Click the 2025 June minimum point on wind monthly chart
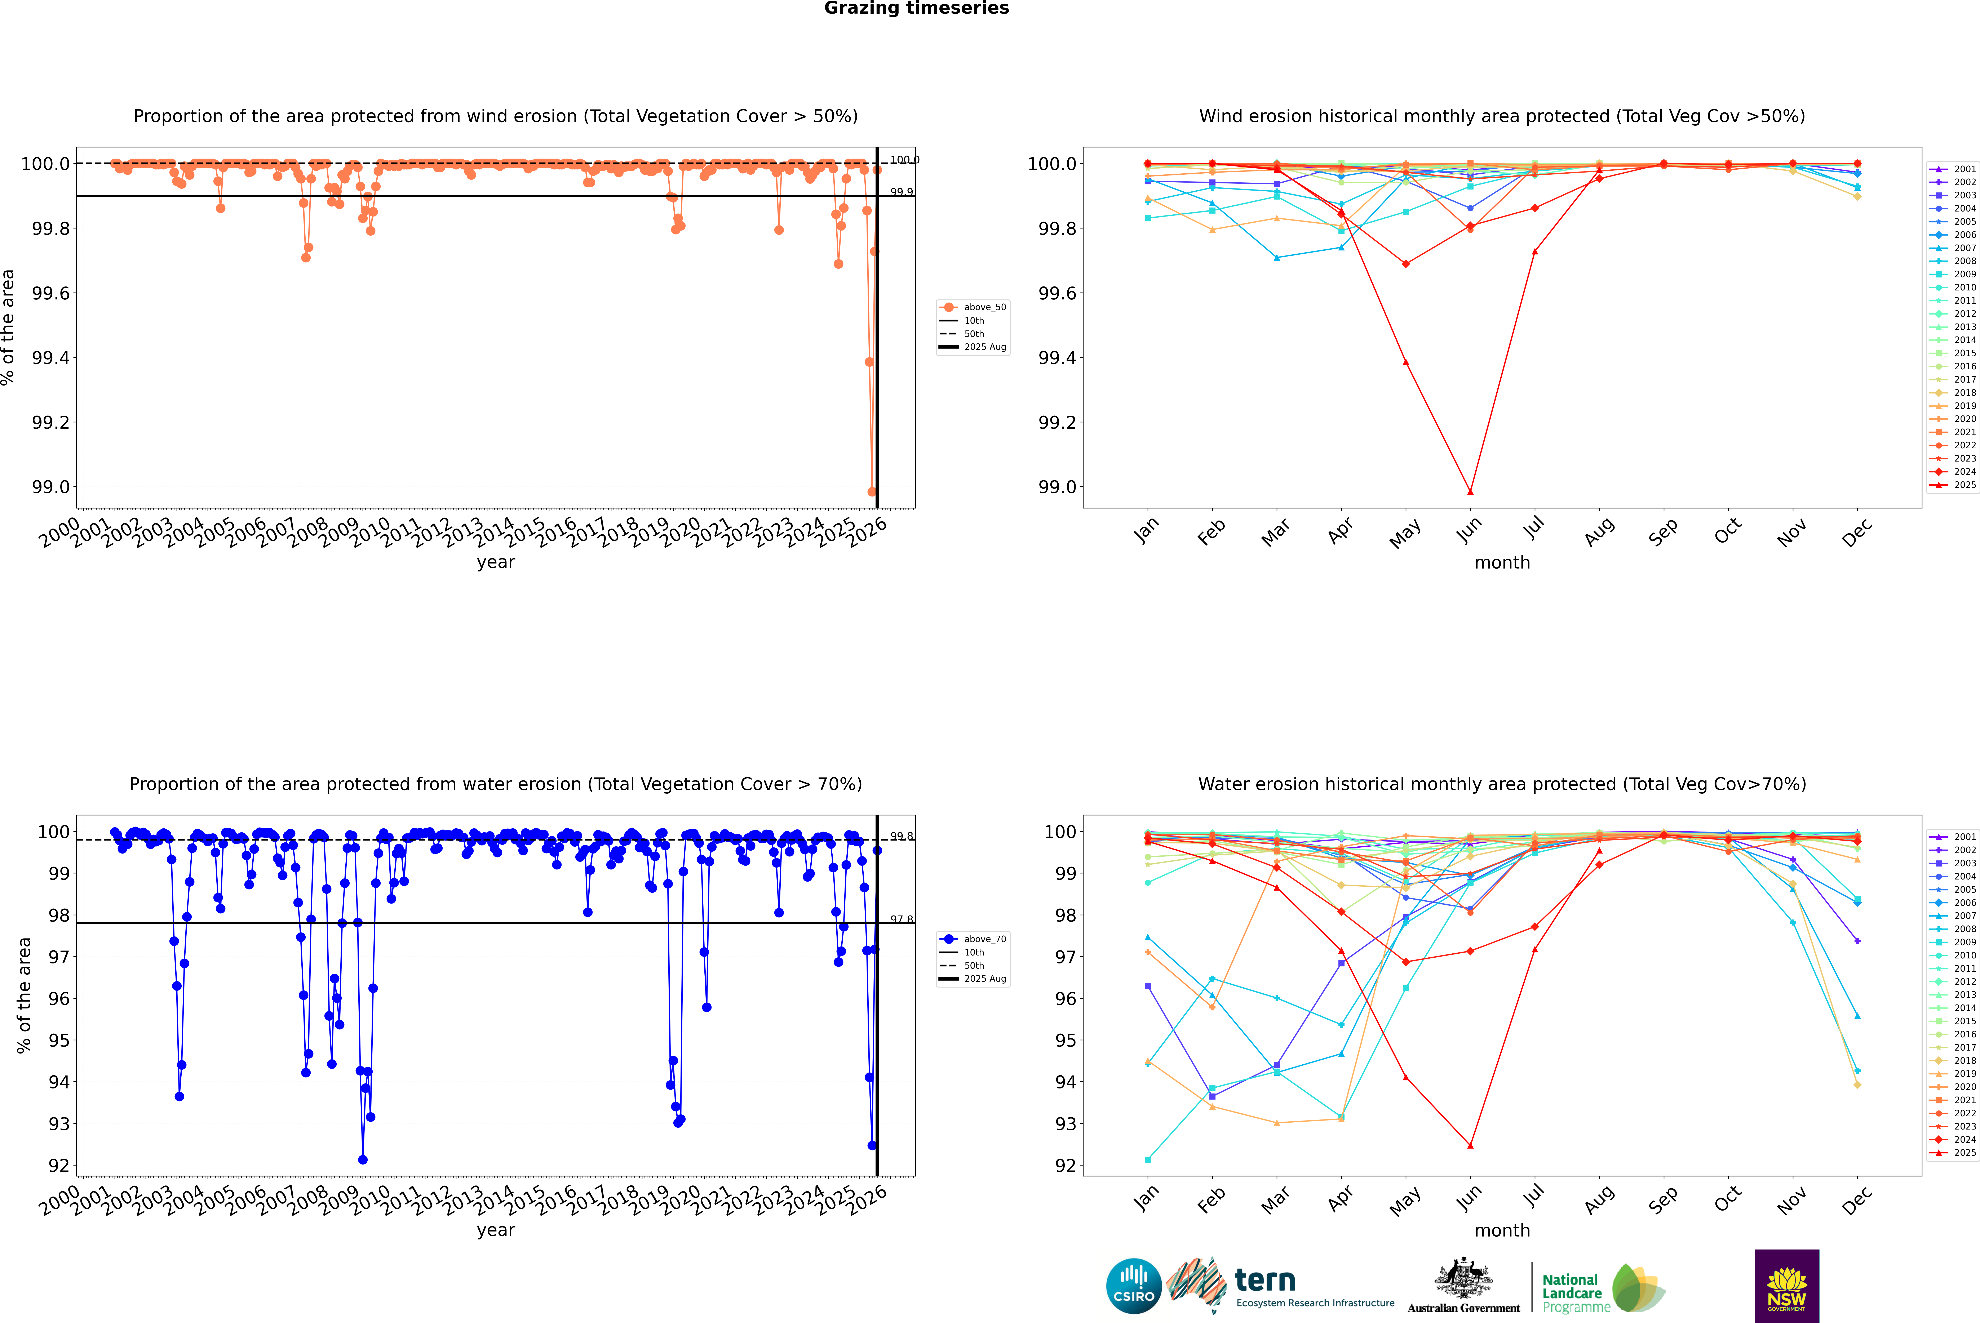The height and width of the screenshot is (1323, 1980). tap(1470, 492)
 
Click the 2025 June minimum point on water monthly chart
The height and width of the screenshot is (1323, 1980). tap(1470, 1146)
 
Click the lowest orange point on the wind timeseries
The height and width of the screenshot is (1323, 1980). tap(872, 492)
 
